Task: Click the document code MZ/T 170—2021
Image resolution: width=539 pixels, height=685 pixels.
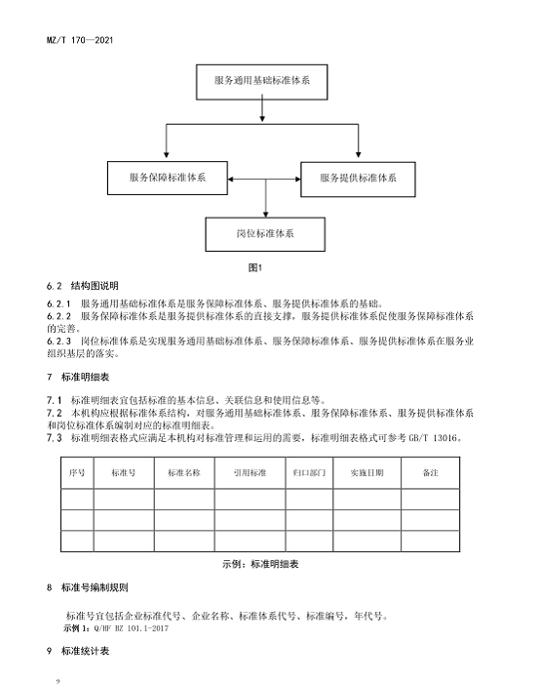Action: [x=80, y=40]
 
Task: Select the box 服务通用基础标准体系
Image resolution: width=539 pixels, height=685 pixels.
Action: [x=262, y=82]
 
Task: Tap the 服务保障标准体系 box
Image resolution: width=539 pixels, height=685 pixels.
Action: [x=168, y=178]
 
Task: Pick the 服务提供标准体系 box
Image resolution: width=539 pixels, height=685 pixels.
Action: [x=358, y=180]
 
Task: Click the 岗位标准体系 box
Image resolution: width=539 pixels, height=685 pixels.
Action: [x=265, y=234]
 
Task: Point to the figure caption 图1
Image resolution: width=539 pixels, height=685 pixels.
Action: [x=255, y=267]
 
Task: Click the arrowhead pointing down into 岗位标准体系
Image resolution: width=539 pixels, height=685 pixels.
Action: [x=266, y=214]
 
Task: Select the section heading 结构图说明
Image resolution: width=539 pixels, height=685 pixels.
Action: [x=95, y=286]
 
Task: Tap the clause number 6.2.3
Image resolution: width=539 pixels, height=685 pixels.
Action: [x=58, y=342]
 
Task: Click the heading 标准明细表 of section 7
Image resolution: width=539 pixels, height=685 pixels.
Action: [x=85, y=378]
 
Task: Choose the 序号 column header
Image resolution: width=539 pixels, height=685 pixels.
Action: [x=77, y=472]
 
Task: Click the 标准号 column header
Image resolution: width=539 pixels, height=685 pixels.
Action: [x=124, y=472]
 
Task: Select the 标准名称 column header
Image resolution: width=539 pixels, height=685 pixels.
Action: [x=184, y=472]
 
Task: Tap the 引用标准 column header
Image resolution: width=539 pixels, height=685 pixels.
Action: [x=250, y=472]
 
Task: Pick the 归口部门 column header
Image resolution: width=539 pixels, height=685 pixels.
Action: [x=309, y=472]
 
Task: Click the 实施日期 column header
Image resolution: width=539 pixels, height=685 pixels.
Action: [x=367, y=472]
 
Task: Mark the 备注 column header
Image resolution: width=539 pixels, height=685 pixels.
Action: [x=431, y=472]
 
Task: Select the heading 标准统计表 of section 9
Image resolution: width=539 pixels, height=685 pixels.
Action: [x=85, y=651]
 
